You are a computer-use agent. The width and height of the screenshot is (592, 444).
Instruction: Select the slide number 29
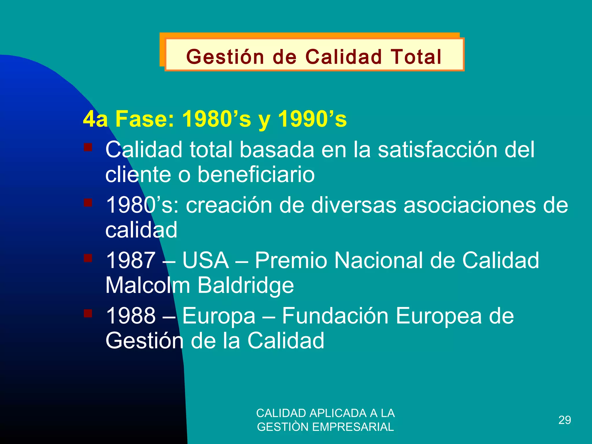pos(565,420)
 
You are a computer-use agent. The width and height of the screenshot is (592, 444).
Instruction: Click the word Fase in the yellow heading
pos(145,119)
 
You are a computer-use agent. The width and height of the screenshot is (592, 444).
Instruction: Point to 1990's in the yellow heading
pos(312,119)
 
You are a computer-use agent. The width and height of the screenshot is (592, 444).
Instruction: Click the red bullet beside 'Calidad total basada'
pos(88,147)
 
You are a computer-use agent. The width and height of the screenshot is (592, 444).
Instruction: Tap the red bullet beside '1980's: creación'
pos(88,203)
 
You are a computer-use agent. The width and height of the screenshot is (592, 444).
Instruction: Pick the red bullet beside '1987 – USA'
pos(88,258)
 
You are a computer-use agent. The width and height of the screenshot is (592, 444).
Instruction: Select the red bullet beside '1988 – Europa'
pos(88,313)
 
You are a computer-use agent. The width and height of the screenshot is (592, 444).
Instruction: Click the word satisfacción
pos(438,150)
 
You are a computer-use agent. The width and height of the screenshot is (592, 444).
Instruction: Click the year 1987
pos(131,260)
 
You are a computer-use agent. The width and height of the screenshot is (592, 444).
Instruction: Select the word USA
pos(206,260)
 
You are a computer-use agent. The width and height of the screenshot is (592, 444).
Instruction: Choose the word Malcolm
pos(147,285)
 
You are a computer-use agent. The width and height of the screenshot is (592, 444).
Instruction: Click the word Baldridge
pos(246,285)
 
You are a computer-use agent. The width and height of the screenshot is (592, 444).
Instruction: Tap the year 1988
pos(131,316)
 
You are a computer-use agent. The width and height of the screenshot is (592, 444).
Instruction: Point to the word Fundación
pos(335,316)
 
